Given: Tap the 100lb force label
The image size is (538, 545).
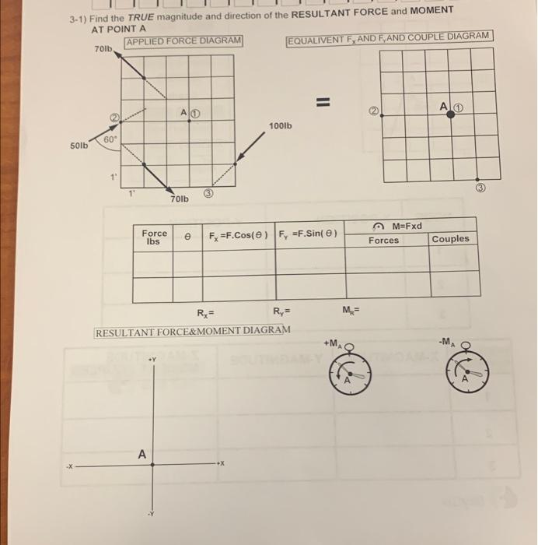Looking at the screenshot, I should (x=280, y=125).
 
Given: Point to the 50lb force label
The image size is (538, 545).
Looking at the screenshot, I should (x=79, y=146).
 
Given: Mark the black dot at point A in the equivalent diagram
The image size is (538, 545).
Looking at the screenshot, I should (x=450, y=114).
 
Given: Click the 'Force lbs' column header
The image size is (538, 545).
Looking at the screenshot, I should (x=154, y=237).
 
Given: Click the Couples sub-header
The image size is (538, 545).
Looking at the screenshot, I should (x=450, y=239).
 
